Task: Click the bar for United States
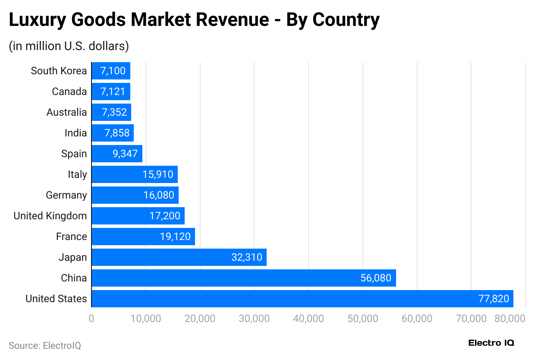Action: point(302,299)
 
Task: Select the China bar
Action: point(244,278)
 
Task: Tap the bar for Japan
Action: point(179,257)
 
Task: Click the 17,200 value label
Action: point(165,216)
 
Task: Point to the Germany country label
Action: point(66,195)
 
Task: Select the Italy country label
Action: point(77,174)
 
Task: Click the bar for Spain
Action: point(117,154)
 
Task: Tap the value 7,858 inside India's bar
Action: point(117,133)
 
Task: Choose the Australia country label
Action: point(66,112)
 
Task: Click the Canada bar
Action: point(111,92)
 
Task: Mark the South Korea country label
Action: point(59,71)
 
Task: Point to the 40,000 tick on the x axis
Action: point(308,319)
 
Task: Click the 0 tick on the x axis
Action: point(91,319)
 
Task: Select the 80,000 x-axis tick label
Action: point(510,319)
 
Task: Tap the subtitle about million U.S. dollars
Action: point(69,46)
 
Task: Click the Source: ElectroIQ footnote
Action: point(45,345)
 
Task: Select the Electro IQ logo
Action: point(491,343)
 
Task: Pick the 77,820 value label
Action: point(494,299)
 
